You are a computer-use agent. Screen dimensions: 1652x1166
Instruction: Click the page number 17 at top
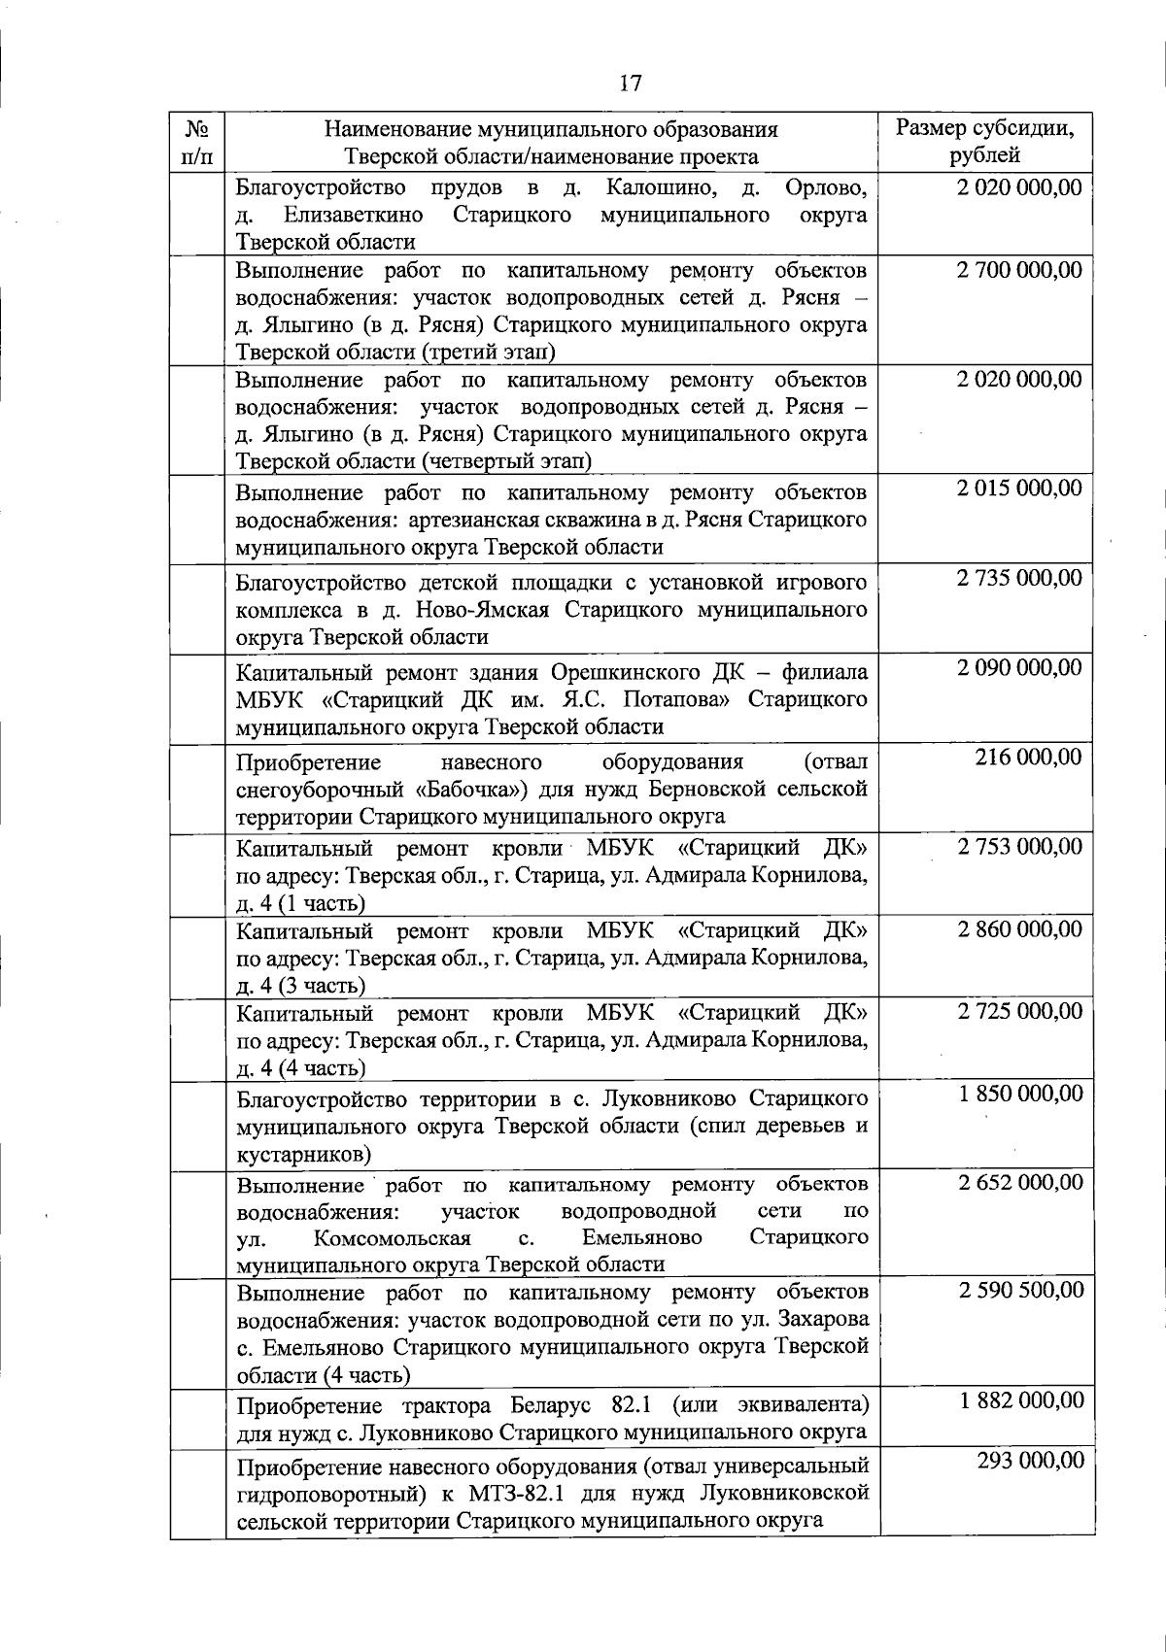pos(630,84)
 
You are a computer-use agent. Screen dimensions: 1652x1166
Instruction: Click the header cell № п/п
pos(198,142)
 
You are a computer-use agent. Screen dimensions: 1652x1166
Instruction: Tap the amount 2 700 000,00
pos(1019,270)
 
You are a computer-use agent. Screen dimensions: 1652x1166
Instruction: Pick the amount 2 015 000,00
pos(1019,488)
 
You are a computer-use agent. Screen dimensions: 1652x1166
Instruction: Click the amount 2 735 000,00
pos(1019,578)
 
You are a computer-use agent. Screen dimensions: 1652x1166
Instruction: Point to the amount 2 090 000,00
pos(1019,667)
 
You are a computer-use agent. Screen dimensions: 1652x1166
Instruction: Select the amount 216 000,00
pos(1028,757)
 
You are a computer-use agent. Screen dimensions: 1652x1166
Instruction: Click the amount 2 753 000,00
pos(1019,847)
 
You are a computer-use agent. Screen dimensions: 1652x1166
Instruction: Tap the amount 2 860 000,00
pos(1019,929)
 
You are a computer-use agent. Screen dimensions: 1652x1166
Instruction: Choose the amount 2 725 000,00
pos(1019,1011)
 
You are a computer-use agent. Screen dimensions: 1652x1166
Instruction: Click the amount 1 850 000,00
pos(1019,1094)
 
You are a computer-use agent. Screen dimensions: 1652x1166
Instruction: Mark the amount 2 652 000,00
pos(1019,1182)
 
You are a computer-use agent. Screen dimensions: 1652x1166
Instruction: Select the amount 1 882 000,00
pos(1020,1399)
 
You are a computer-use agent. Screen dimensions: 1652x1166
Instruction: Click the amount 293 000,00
pos(1030,1461)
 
